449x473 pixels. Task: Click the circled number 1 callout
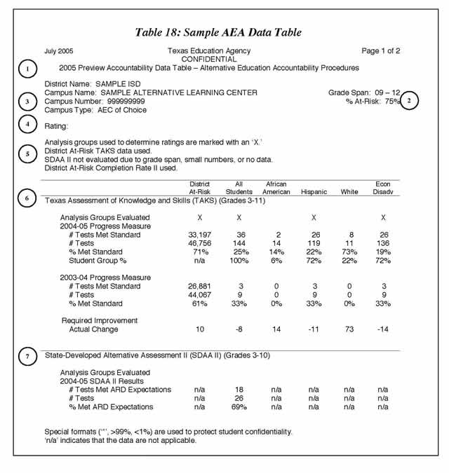click(x=27, y=69)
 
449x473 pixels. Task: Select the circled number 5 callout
click(x=27, y=154)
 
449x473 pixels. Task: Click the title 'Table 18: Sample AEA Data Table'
click(x=218, y=32)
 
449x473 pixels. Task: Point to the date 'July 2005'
click(x=58, y=51)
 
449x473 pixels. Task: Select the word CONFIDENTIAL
click(x=209, y=60)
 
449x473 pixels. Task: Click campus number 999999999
click(x=120, y=102)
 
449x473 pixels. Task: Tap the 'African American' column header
click(x=276, y=188)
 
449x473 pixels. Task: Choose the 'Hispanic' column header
click(x=314, y=191)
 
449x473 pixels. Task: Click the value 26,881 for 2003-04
click(x=200, y=286)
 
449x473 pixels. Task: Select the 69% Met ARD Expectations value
click(x=239, y=406)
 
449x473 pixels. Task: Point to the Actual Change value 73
click(x=345, y=329)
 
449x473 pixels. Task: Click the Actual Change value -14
click(x=383, y=329)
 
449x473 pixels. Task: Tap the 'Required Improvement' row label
click(x=99, y=320)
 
